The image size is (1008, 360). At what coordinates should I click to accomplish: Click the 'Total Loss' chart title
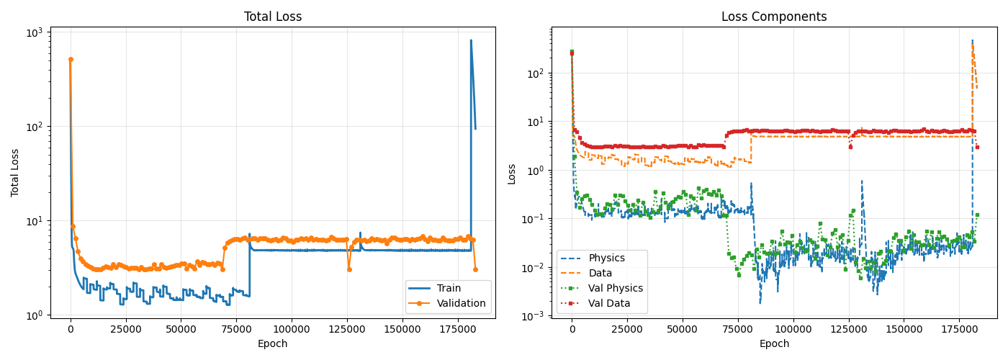273,17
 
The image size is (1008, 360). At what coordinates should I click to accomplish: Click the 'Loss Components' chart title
774,17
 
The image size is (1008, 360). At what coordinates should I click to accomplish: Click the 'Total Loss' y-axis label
15,173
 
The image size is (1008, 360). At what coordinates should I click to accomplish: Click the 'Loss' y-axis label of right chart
512,173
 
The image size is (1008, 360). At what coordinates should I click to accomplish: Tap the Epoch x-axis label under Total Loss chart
273,344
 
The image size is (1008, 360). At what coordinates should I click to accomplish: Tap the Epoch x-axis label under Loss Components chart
774,344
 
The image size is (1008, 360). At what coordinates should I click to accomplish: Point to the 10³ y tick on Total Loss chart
35,32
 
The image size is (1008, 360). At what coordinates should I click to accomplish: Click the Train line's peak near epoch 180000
471,40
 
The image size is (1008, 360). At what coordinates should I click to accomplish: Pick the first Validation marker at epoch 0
71,59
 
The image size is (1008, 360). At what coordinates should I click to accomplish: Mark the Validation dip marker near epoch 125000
349,269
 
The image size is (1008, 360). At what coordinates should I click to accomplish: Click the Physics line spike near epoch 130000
861,181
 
